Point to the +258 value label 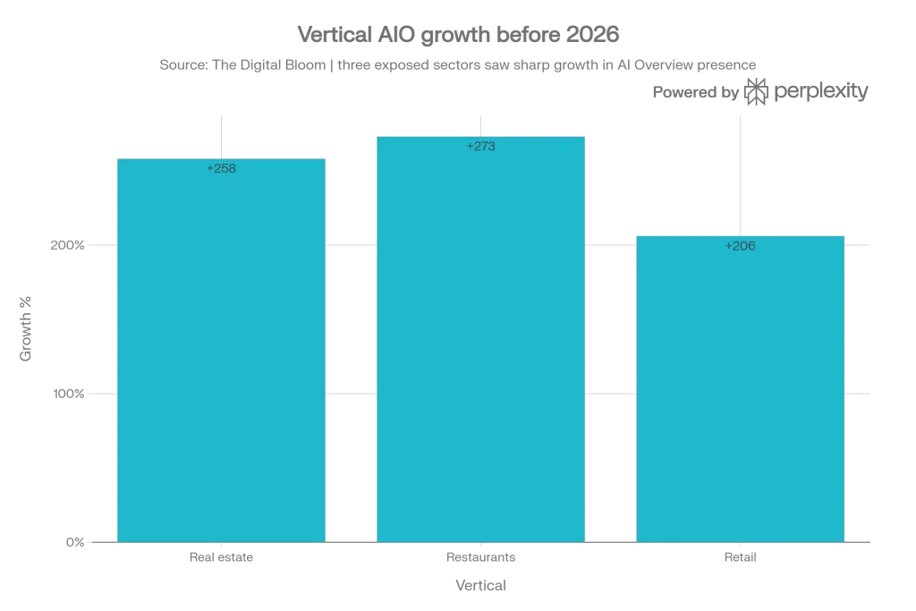click(221, 168)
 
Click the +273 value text click(480, 147)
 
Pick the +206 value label click(740, 246)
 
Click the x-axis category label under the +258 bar click(221, 558)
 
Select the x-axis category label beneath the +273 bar click(480, 558)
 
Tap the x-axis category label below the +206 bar click(740, 558)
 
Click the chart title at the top click(458, 32)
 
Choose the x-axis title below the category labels click(480, 588)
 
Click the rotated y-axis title click(25, 328)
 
